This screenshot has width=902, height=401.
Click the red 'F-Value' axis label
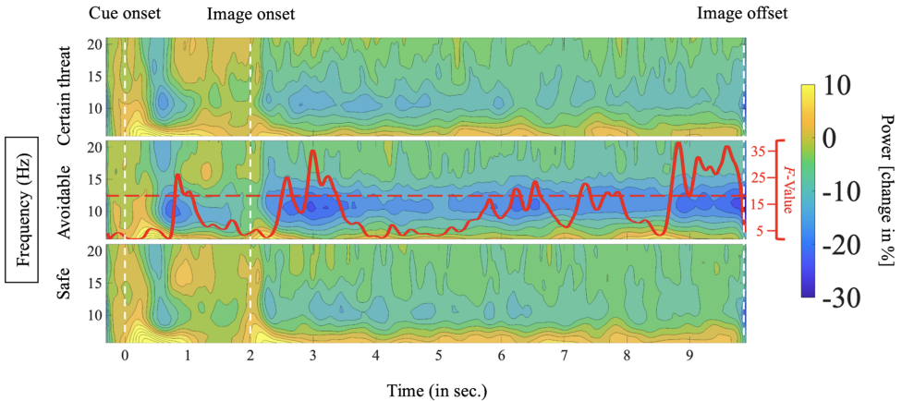point(790,188)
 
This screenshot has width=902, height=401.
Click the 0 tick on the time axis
point(125,356)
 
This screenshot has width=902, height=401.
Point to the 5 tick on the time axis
point(438,356)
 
